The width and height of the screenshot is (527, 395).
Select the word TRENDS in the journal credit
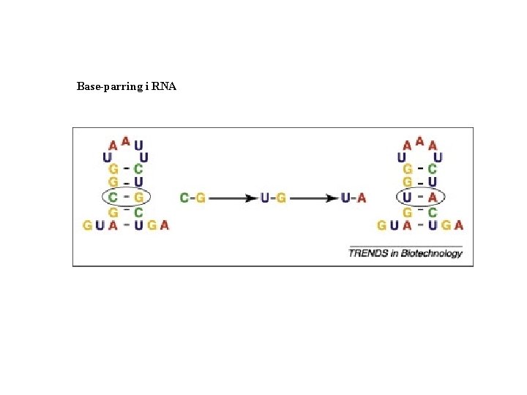pos(365,253)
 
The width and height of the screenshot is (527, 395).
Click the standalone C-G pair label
pos(193,197)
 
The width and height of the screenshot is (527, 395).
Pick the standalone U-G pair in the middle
pos(273,197)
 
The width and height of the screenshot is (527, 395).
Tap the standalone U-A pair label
pos(354,197)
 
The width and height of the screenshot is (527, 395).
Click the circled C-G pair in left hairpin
pos(126,197)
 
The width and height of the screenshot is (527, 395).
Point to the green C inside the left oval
pos(113,197)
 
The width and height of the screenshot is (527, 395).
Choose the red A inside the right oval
pos(433,197)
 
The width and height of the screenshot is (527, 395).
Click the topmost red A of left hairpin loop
pos(126,140)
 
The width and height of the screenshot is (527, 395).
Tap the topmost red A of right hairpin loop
pos(419,140)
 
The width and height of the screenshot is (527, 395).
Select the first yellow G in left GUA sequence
pos(88,225)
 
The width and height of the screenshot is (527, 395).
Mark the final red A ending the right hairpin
pos(459,225)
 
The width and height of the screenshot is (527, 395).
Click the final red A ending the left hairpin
pos(165,225)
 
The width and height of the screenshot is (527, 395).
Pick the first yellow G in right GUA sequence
pos(381,225)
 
